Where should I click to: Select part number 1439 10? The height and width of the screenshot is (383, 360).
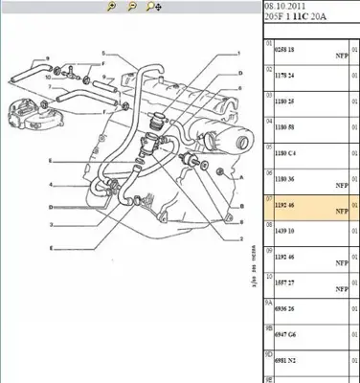coord(286,230)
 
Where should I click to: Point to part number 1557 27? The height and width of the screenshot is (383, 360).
coord(286,282)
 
